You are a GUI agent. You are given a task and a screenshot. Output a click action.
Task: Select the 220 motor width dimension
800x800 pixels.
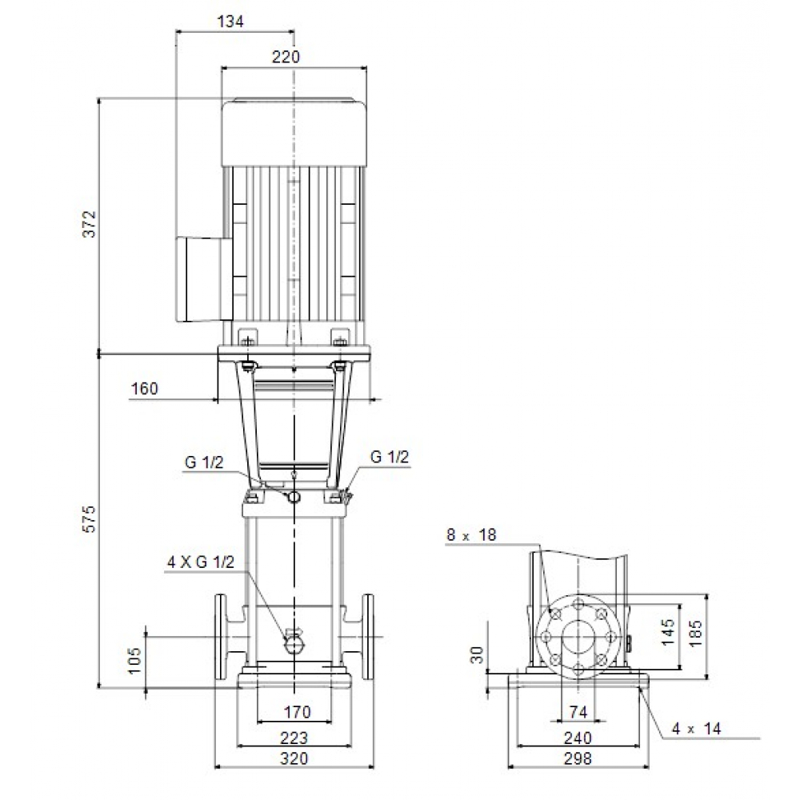[286, 57]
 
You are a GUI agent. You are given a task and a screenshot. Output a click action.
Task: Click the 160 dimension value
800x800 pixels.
[145, 390]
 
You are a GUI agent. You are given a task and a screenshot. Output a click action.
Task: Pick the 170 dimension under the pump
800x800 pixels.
[295, 712]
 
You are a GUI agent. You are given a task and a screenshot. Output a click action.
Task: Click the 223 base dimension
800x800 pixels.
[294, 738]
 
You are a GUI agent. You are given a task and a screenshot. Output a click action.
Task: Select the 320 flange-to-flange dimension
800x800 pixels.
[294, 758]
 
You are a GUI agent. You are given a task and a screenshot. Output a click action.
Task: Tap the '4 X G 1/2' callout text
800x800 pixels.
[200, 562]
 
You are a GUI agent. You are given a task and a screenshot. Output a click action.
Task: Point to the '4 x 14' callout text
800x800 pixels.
[696, 729]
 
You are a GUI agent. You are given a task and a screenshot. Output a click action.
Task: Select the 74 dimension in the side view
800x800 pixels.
[578, 712]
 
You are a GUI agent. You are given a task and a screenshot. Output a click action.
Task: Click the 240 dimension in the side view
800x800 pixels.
[578, 738]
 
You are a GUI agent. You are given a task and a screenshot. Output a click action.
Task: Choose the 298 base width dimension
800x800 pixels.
[578, 758]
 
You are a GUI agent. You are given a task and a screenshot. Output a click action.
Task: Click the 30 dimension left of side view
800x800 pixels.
[478, 656]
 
